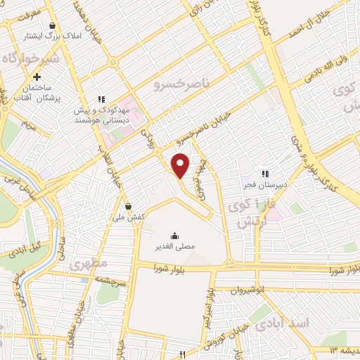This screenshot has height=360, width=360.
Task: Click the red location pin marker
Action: pos(181,165)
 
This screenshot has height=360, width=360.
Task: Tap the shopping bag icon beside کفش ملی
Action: pos(128,206)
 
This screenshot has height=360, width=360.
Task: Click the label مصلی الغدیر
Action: pos(174,247)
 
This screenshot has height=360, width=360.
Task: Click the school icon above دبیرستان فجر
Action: pos(265,173)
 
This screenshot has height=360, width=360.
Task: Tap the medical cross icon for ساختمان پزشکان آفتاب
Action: pos(37,76)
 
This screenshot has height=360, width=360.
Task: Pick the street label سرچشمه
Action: pos(111,279)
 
